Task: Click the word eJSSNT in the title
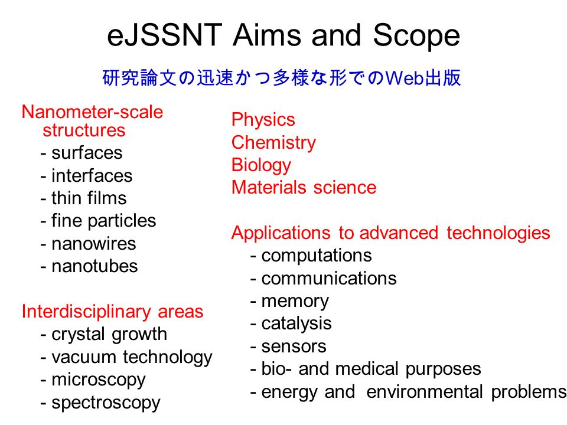165,35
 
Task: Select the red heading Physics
263,120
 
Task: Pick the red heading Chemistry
273,143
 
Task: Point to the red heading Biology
261,165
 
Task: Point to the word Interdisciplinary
86,312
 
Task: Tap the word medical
367,369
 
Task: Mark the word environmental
425,392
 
